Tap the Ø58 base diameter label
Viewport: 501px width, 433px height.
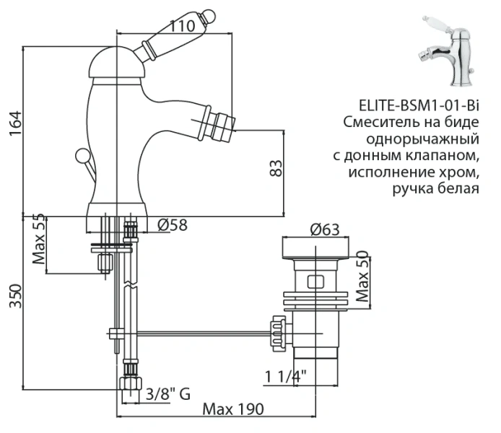pos(172,225)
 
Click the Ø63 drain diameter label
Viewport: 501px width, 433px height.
pos(324,230)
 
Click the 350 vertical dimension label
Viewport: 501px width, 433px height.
pos(15,297)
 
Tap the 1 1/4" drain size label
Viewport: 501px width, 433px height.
pos(286,376)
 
